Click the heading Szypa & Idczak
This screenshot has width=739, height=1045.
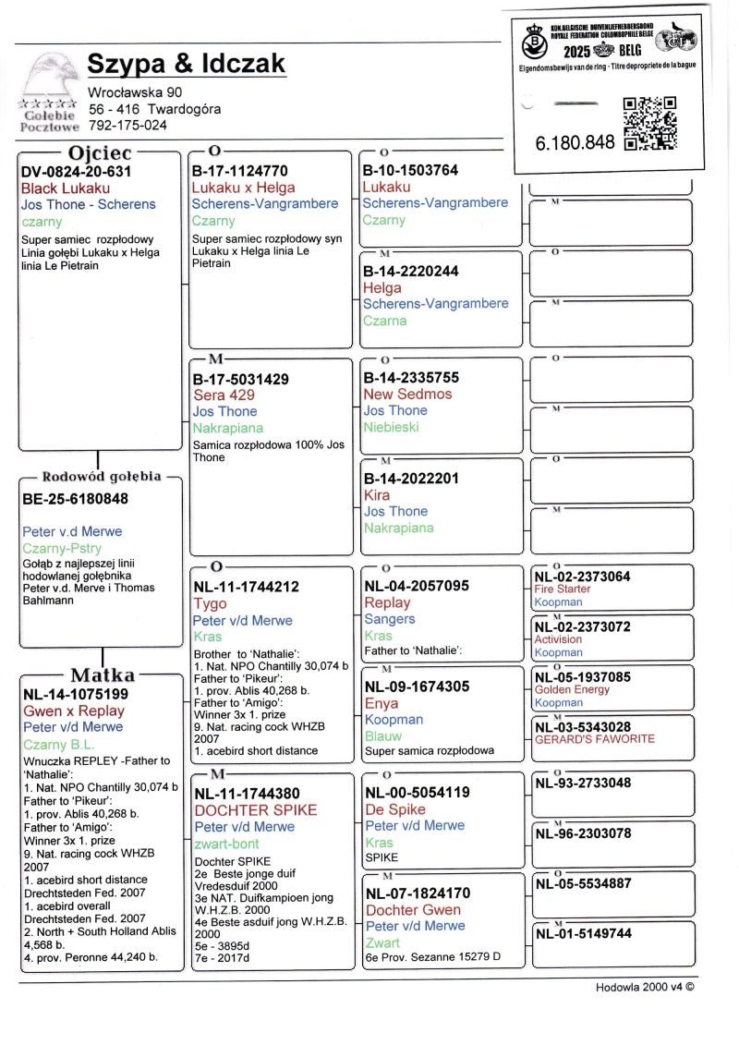coord(186,65)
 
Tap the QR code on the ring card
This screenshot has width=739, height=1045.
coord(650,123)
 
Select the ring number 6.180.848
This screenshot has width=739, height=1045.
coord(575,143)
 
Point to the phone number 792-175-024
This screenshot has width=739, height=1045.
coord(127,125)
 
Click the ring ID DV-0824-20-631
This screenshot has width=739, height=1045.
coord(76,171)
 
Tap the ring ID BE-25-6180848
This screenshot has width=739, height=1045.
coord(75,499)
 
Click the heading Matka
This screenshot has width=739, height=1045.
coord(102,675)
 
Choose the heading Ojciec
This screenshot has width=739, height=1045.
coord(100,153)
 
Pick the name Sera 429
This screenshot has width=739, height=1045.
coord(224,395)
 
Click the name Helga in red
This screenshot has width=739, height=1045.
coord(382,287)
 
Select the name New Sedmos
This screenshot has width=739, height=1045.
coord(407,394)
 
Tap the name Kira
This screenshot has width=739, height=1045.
coord(377,494)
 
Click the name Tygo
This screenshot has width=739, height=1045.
coord(210,603)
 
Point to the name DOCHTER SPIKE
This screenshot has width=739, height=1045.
coord(255,809)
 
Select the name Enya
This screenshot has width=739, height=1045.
coord(382,703)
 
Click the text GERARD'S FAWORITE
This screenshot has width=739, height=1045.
coord(594,739)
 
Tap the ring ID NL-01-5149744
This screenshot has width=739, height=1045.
coord(583,933)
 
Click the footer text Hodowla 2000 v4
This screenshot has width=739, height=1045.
coord(644,987)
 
